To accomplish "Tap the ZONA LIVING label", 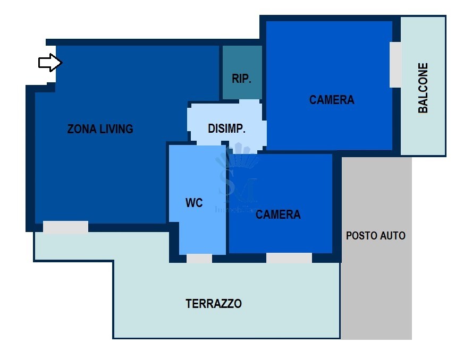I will click(x=100, y=128).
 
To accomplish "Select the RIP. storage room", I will click(x=242, y=72).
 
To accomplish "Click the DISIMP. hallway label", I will click(x=226, y=128).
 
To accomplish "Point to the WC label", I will click(x=194, y=203).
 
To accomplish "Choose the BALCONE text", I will click(x=423, y=88).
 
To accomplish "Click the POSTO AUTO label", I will click(x=376, y=236).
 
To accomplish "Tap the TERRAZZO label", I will click(x=214, y=304).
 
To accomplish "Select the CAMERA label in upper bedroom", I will click(x=332, y=100).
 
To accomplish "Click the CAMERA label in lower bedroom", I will click(x=278, y=215).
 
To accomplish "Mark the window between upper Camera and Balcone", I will click(x=395, y=64).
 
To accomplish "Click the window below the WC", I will click(x=199, y=259).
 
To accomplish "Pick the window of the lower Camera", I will click(x=289, y=258).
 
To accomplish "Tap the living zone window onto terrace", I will click(x=65, y=227).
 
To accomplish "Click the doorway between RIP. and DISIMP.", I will click(x=249, y=101).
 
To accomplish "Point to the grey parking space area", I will click(x=376, y=287).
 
